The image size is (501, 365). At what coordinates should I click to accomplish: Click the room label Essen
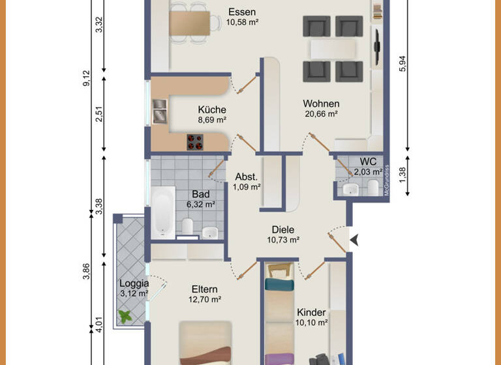pos(242,12)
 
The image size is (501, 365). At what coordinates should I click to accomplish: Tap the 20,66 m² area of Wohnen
pos(321,113)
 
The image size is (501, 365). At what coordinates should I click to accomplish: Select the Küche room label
pos(212,110)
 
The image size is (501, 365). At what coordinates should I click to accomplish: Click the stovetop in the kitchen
pos(195,141)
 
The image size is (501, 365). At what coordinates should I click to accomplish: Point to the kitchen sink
pos(160,111)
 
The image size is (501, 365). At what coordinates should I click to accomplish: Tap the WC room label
pos(368,162)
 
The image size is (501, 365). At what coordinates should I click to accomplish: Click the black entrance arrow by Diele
pos(354,241)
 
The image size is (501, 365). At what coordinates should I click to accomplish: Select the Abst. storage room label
pos(247,177)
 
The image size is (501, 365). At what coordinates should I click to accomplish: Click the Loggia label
pos(134,284)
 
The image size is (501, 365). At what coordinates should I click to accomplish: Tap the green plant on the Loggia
pos(125,316)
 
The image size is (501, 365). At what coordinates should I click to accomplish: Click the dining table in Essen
pos(194,24)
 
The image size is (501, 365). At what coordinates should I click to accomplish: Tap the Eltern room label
pos(205,289)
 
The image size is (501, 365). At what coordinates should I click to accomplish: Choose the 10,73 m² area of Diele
pos(283,240)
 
